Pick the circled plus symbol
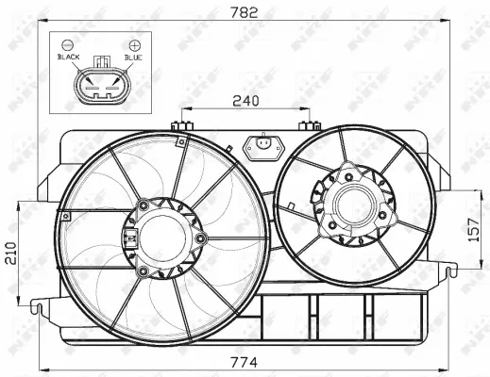[135, 44]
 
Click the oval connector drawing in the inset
[101, 89]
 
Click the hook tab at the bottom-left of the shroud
[41, 303]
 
